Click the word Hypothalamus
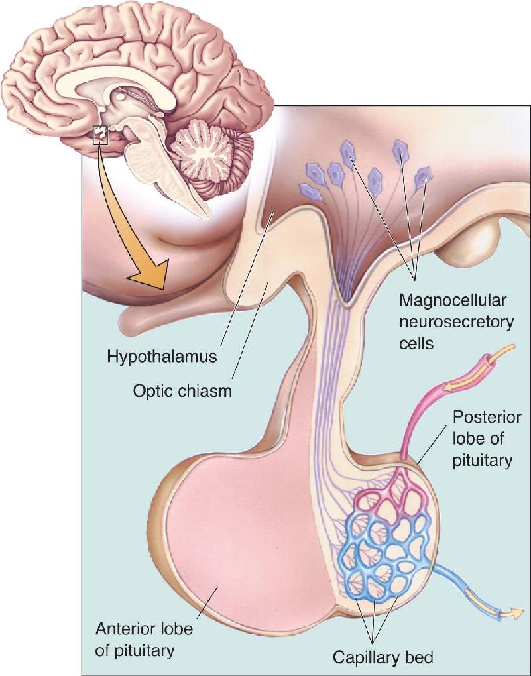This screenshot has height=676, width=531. click(162, 357)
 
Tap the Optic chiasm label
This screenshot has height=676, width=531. click(182, 391)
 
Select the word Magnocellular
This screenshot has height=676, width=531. click(453, 300)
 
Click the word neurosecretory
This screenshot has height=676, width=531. click(457, 322)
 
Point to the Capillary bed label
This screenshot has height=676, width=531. click(383, 657)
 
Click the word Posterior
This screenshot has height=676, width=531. click(487, 417)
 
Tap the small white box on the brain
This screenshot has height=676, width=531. click(101, 135)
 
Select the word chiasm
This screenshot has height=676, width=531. click(209, 391)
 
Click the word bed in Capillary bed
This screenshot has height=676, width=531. click(420, 657)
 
